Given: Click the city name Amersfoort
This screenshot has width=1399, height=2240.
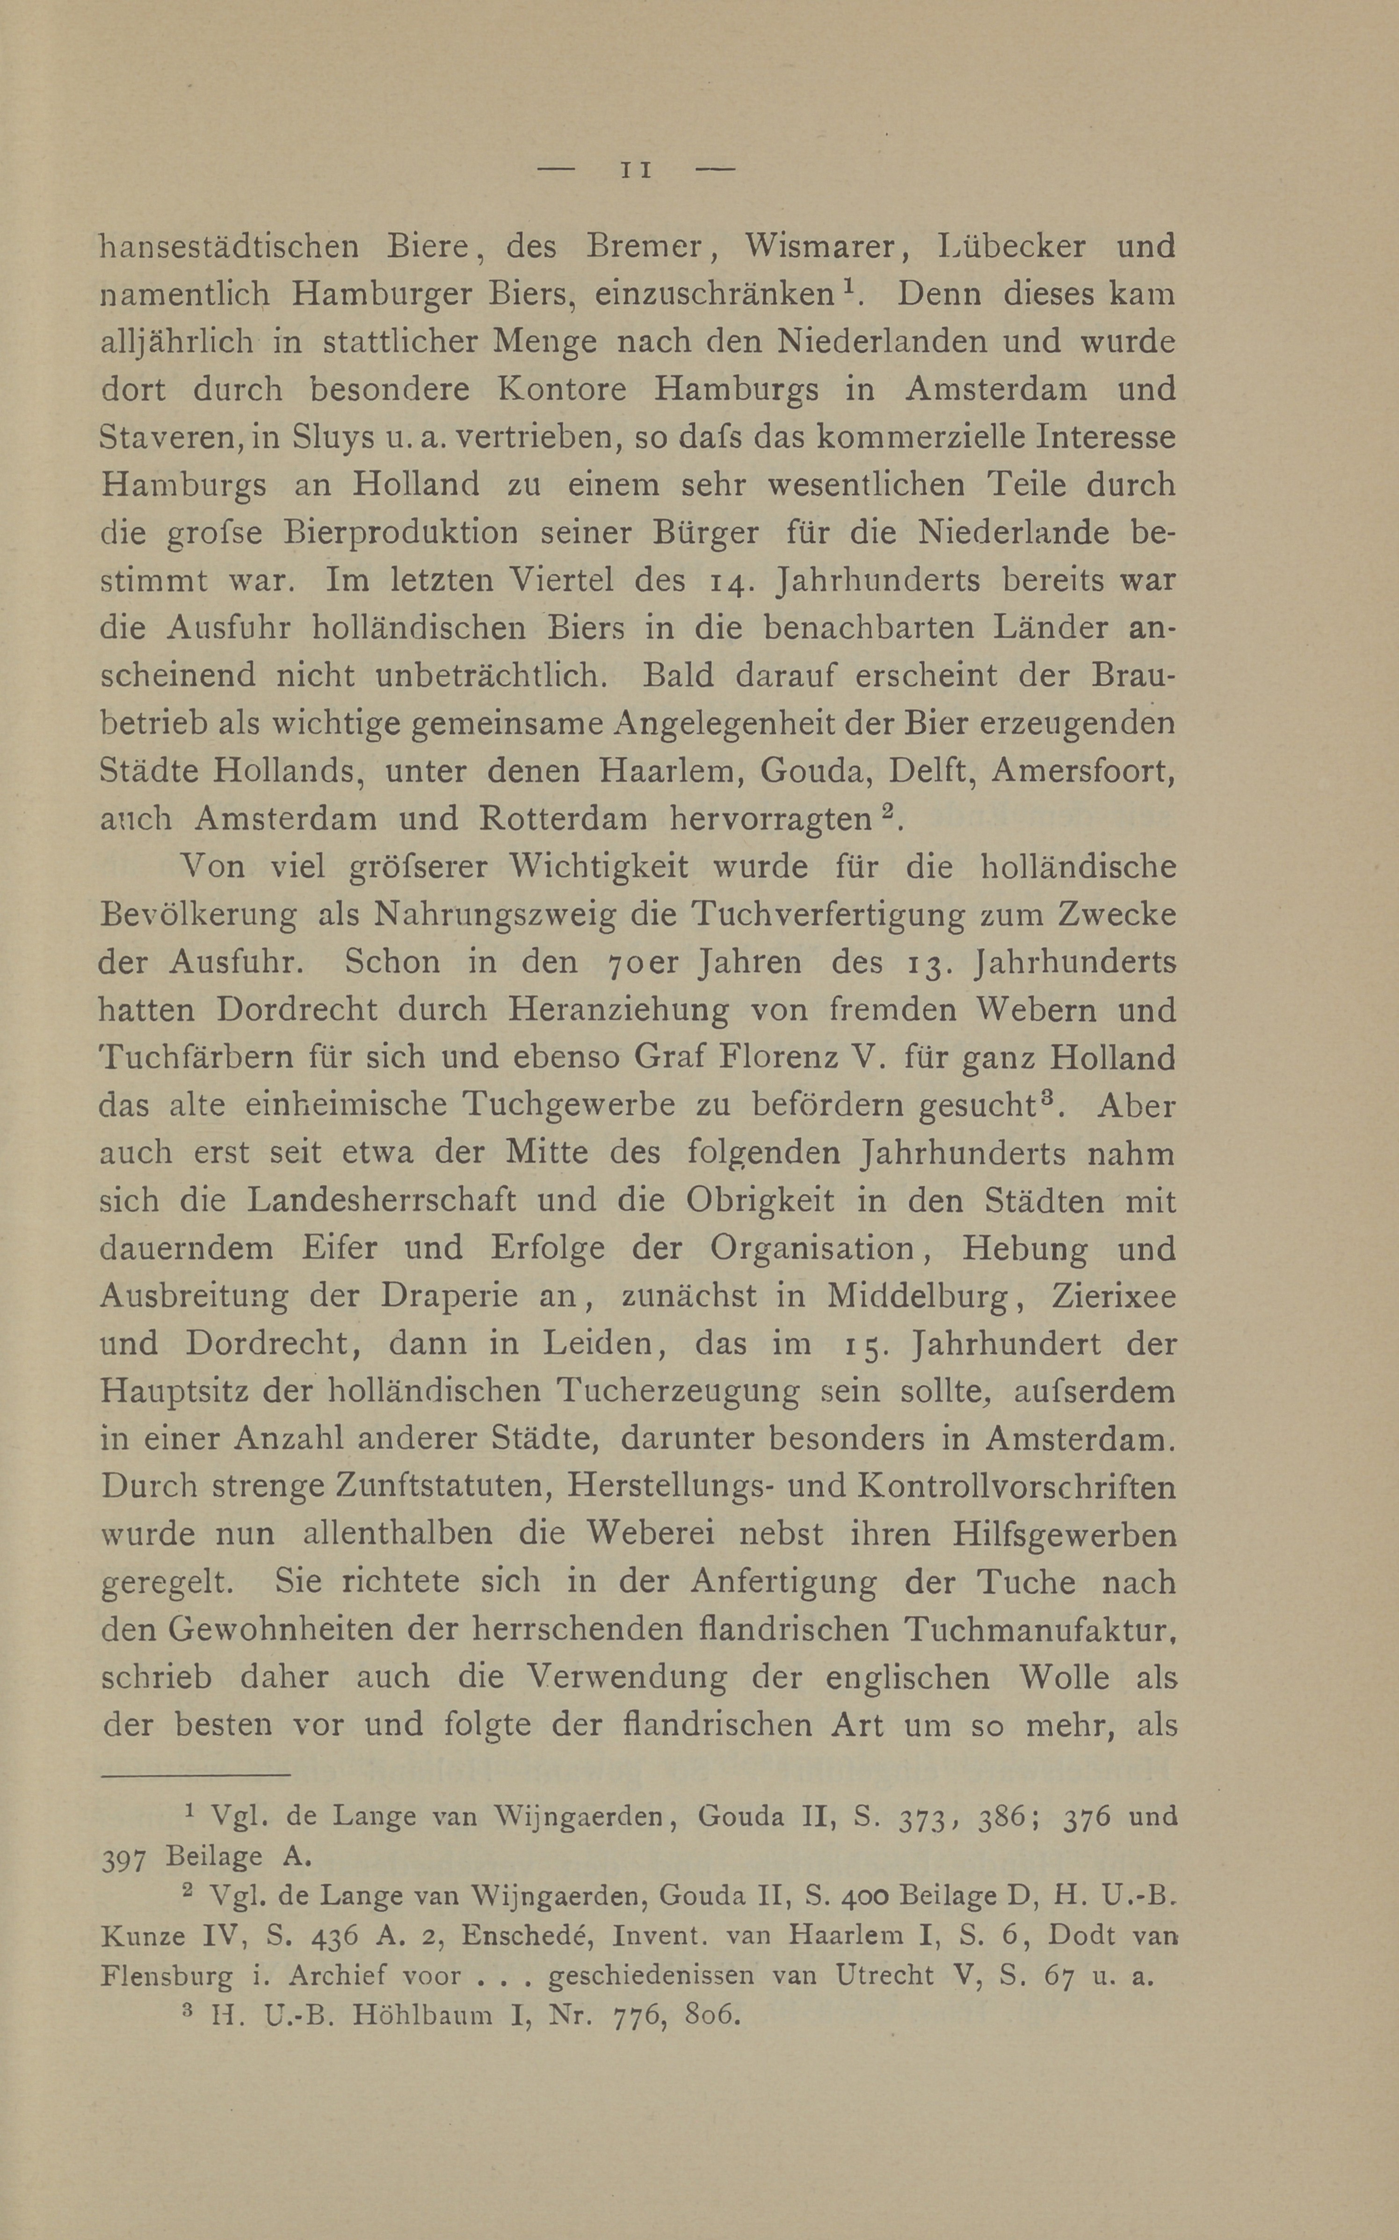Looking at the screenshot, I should [1082, 771].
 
